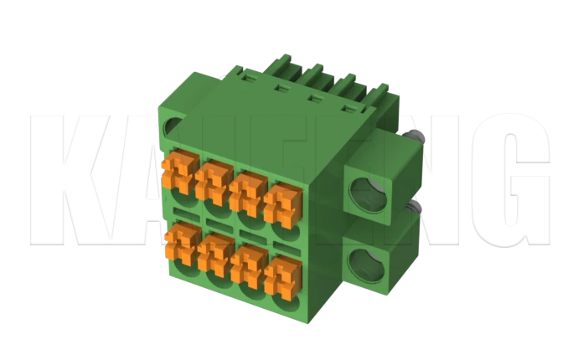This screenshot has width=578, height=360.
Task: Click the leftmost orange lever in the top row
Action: click(x=178, y=172)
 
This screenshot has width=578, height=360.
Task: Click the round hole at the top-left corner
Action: click(x=172, y=130)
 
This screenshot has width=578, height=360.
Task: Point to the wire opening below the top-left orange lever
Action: click(x=184, y=198)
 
